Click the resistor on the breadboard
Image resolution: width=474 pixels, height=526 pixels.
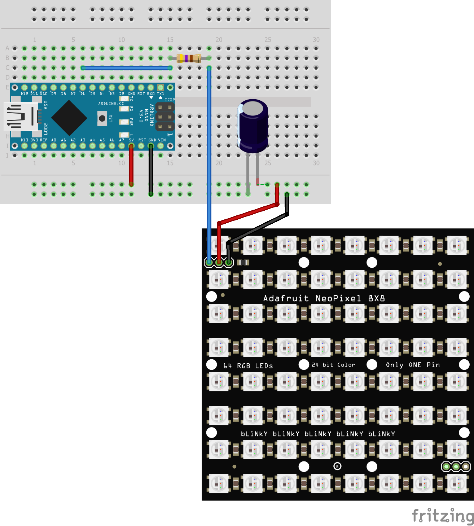coord(189,58)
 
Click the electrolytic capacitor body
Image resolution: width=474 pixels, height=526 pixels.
coord(253,126)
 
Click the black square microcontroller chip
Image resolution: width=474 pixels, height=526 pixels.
coord(69,118)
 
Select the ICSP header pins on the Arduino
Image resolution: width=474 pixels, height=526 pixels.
coord(165,117)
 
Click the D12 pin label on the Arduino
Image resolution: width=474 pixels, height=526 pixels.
coord(24,94)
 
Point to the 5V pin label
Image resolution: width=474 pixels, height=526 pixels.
coord(131,140)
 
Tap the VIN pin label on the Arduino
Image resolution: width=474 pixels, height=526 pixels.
coord(162,140)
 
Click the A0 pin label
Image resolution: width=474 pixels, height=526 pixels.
coord(54,140)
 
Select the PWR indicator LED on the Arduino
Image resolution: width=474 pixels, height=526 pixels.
coord(124,122)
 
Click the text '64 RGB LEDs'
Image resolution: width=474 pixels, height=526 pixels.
coord(248,366)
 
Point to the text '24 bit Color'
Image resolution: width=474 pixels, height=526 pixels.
coord(333,365)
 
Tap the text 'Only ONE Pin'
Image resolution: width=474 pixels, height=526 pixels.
coord(413,365)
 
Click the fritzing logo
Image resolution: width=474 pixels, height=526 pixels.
coord(443,516)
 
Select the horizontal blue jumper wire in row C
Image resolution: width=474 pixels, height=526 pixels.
coord(126,68)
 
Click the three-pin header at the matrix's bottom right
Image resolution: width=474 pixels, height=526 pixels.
coord(456,466)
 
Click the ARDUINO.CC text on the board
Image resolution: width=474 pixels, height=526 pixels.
coord(111,104)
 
